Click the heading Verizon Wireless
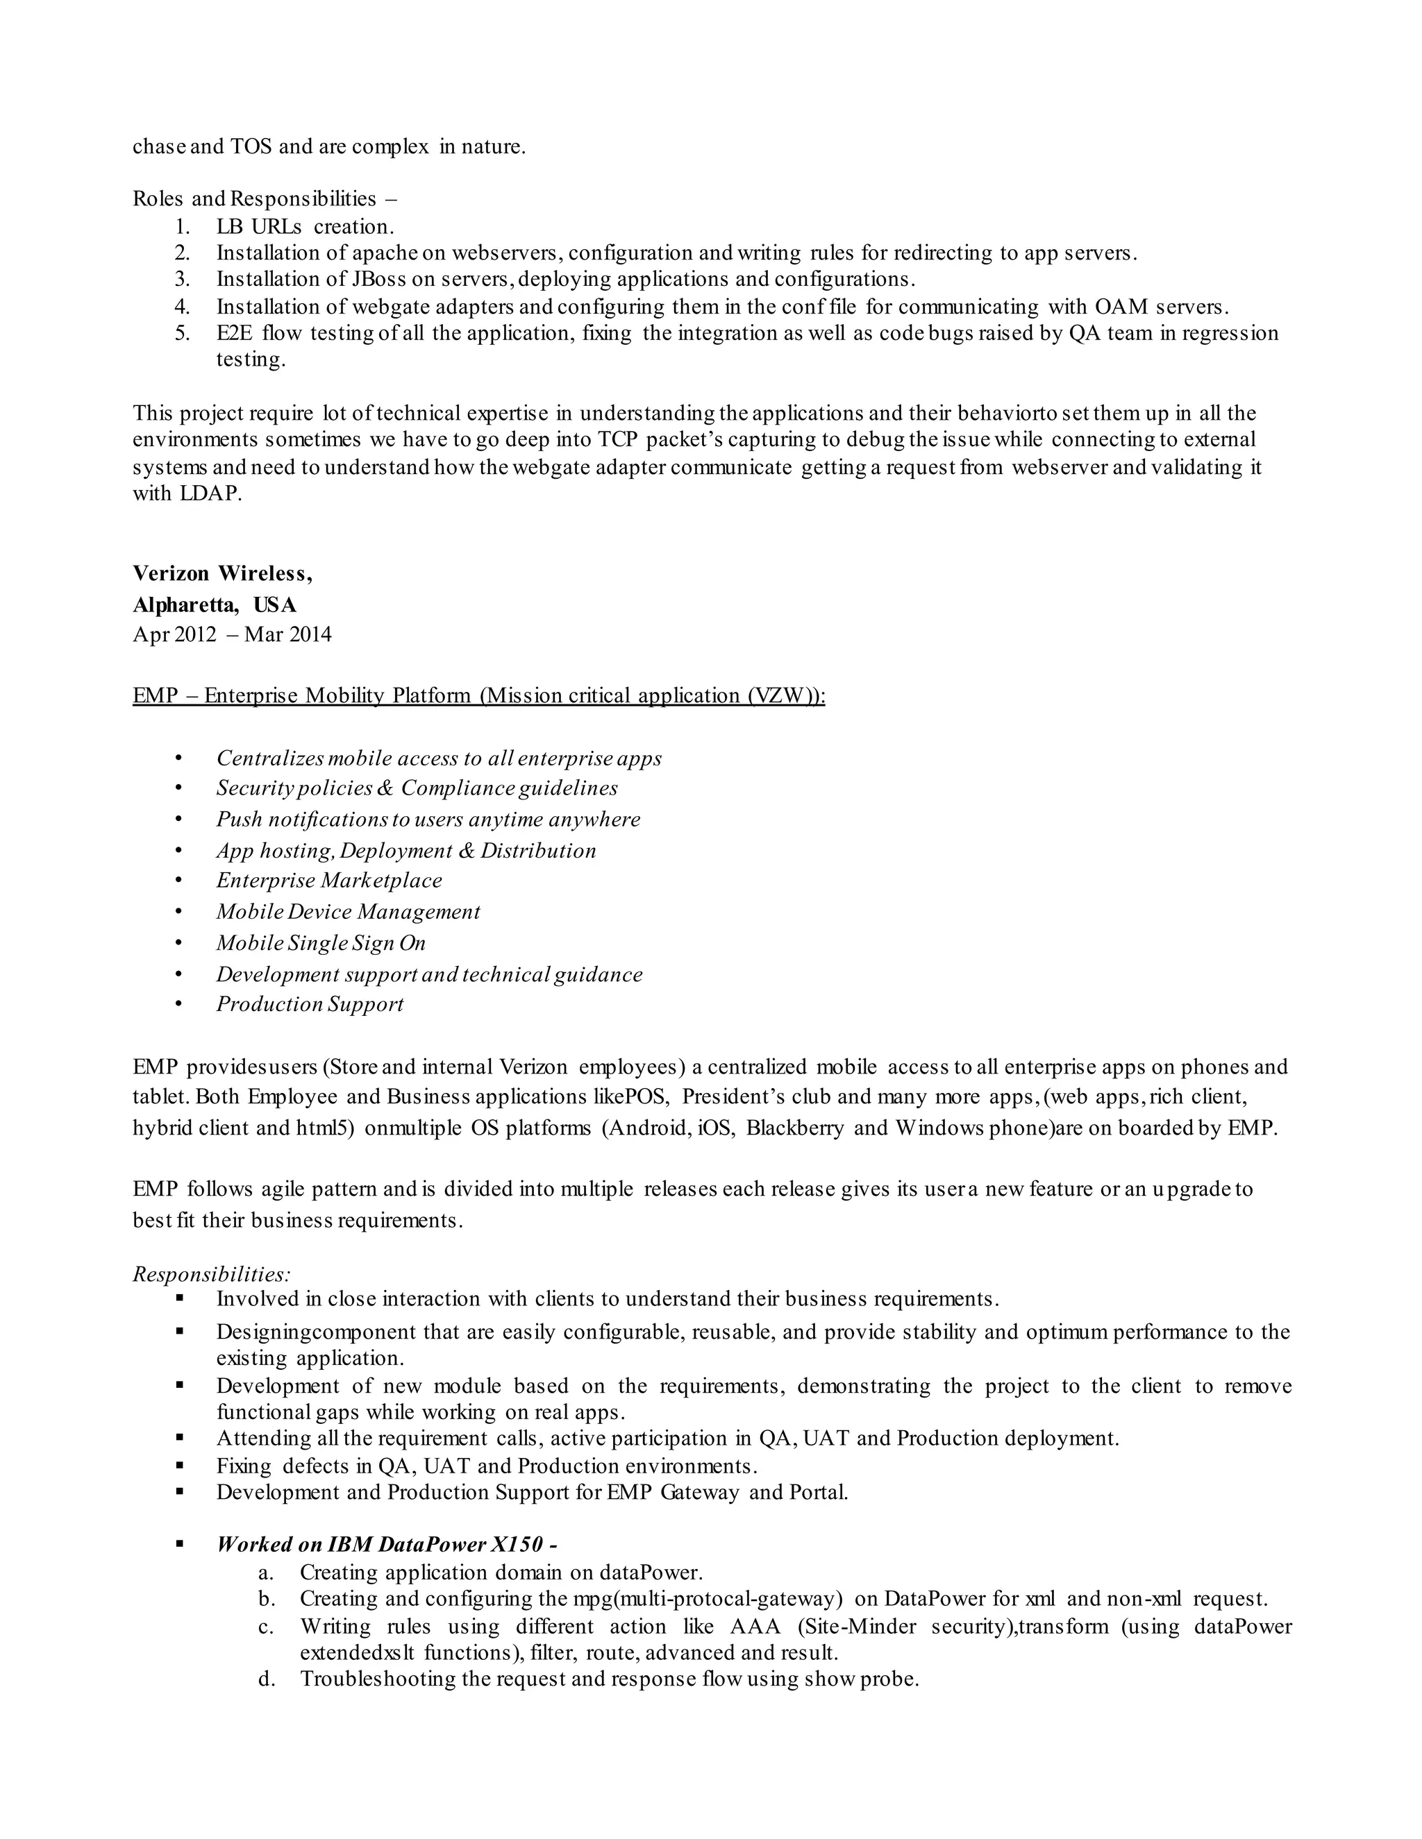(222, 575)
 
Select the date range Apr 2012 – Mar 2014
(232, 634)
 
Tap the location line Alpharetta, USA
(214, 604)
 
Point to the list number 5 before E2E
(183, 332)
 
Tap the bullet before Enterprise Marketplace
(178, 881)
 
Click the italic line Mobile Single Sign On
(321, 943)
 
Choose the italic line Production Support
(310, 1005)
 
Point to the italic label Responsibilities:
(212, 1274)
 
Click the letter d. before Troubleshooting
(267, 1679)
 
